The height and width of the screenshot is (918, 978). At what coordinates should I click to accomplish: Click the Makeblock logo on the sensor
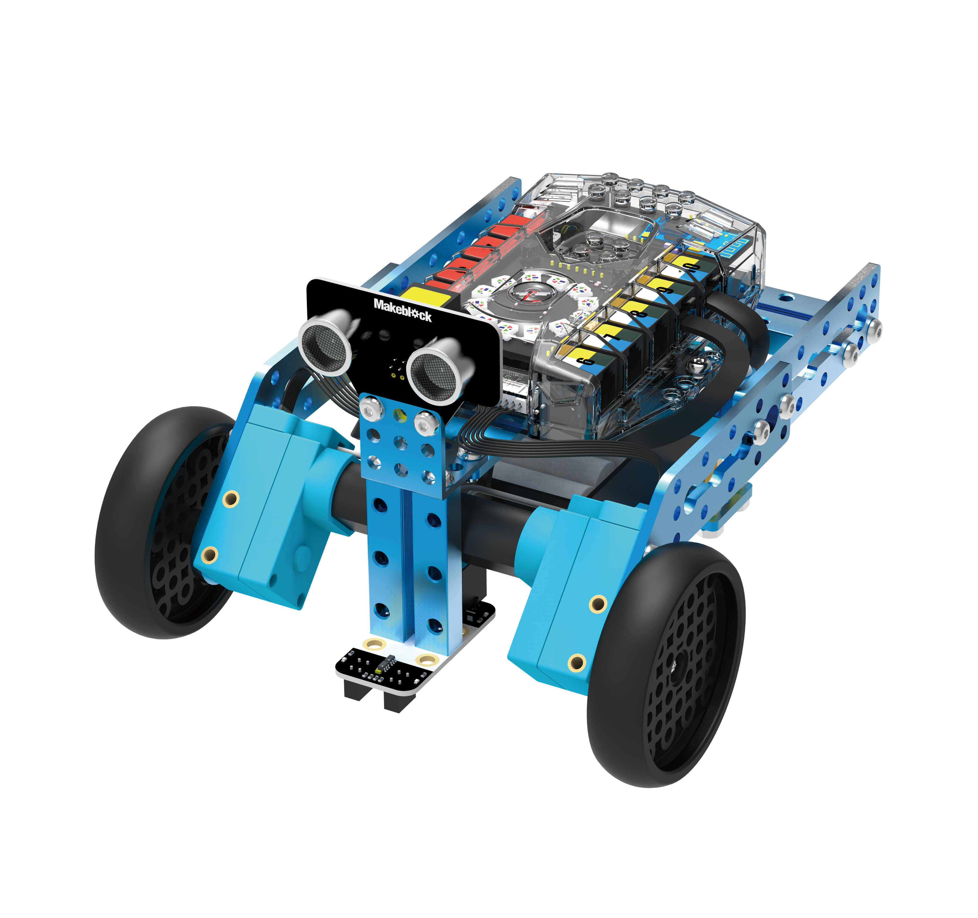click(403, 310)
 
